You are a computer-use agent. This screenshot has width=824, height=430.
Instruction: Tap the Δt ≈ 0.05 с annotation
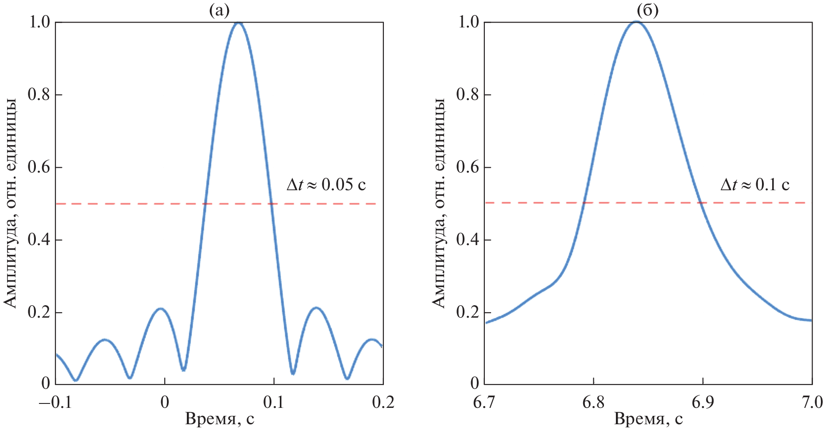click(x=326, y=184)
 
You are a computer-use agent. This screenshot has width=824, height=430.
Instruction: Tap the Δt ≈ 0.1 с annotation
click(x=755, y=184)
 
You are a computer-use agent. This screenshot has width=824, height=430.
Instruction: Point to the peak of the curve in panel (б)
click(x=636, y=21)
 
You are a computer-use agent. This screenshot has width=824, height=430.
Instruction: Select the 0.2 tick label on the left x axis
click(x=383, y=402)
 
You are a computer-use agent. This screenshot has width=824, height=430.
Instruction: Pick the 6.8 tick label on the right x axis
click(x=593, y=402)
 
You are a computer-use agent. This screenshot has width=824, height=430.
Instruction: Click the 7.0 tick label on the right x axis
click(x=812, y=402)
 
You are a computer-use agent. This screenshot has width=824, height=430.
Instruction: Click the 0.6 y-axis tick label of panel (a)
click(x=39, y=167)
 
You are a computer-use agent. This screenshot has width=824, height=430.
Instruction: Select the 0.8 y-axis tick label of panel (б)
click(x=468, y=95)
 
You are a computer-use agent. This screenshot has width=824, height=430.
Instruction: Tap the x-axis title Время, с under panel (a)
click(x=220, y=418)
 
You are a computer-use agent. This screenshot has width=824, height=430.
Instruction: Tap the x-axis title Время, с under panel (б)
click(x=648, y=418)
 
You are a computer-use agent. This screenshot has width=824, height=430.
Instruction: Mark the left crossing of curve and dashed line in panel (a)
click(x=205, y=203)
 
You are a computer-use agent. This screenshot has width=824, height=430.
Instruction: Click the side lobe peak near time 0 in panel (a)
click(x=160, y=308)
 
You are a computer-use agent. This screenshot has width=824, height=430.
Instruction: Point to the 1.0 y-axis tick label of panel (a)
click(x=39, y=22)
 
